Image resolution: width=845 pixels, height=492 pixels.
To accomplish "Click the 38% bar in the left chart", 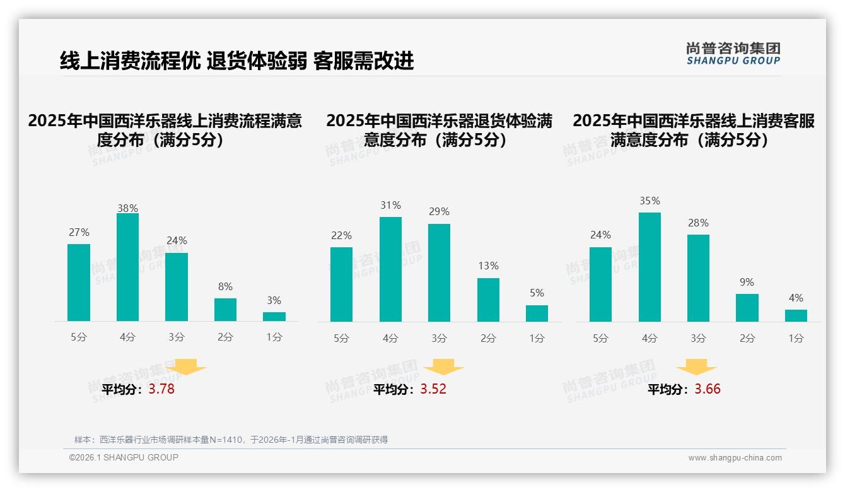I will click(x=127, y=267).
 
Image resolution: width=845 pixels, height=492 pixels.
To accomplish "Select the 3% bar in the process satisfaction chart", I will click(x=274, y=317).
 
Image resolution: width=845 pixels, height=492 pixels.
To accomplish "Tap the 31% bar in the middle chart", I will click(x=390, y=269).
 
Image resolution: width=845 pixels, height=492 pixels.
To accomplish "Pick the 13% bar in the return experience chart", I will click(x=488, y=300).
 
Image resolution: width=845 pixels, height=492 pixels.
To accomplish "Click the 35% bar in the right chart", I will click(x=650, y=267).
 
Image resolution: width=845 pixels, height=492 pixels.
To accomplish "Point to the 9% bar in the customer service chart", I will click(x=747, y=308).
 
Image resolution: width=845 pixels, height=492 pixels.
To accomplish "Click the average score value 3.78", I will click(x=161, y=389).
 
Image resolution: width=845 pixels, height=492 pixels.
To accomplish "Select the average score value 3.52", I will click(x=433, y=389).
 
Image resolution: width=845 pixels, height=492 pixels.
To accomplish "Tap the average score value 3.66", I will click(x=708, y=389).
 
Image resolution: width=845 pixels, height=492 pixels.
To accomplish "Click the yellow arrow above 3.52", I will click(x=443, y=368).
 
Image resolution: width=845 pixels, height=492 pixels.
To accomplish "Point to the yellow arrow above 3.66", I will click(x=696, y=368).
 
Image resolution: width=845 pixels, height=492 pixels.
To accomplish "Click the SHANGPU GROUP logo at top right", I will click(x=733, y=53).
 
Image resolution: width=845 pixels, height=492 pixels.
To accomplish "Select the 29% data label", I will click(x=439, y=212).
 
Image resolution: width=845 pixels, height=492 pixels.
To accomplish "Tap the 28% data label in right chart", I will click(x=698, y=223).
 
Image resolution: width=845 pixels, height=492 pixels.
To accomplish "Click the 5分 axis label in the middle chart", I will click(x=341, y=339).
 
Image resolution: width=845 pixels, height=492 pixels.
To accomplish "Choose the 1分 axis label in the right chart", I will click(x=796, y=339).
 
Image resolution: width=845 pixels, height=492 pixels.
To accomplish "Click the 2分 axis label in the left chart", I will click(x=225, y=337).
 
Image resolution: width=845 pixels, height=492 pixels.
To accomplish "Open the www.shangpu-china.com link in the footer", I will click(x=735, y=458).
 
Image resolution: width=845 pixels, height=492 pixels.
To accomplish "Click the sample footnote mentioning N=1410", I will click(x=231, y=440).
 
